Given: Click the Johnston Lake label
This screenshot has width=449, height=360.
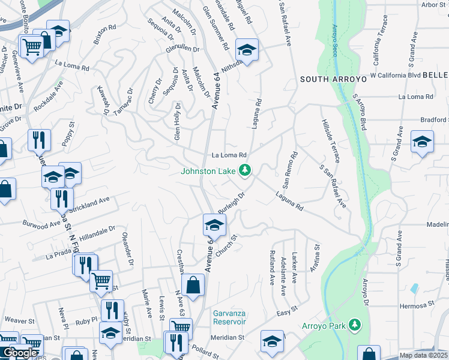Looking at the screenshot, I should coord(208,172).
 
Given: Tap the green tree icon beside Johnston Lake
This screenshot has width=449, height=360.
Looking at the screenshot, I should coord(244,172).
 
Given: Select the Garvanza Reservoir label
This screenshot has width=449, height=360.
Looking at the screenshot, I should coord(230,317).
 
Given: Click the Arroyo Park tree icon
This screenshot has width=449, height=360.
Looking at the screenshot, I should coord(355,325).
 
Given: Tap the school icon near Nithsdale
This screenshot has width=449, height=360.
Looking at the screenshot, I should coord(246,50).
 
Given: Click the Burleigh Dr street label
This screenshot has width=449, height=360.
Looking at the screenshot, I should coord(232,201).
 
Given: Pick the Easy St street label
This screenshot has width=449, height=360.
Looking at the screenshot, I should coord(287,311).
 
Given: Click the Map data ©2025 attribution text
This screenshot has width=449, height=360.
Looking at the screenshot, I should coord(424,355).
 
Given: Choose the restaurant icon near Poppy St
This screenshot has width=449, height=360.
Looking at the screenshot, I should coord(39,140).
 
